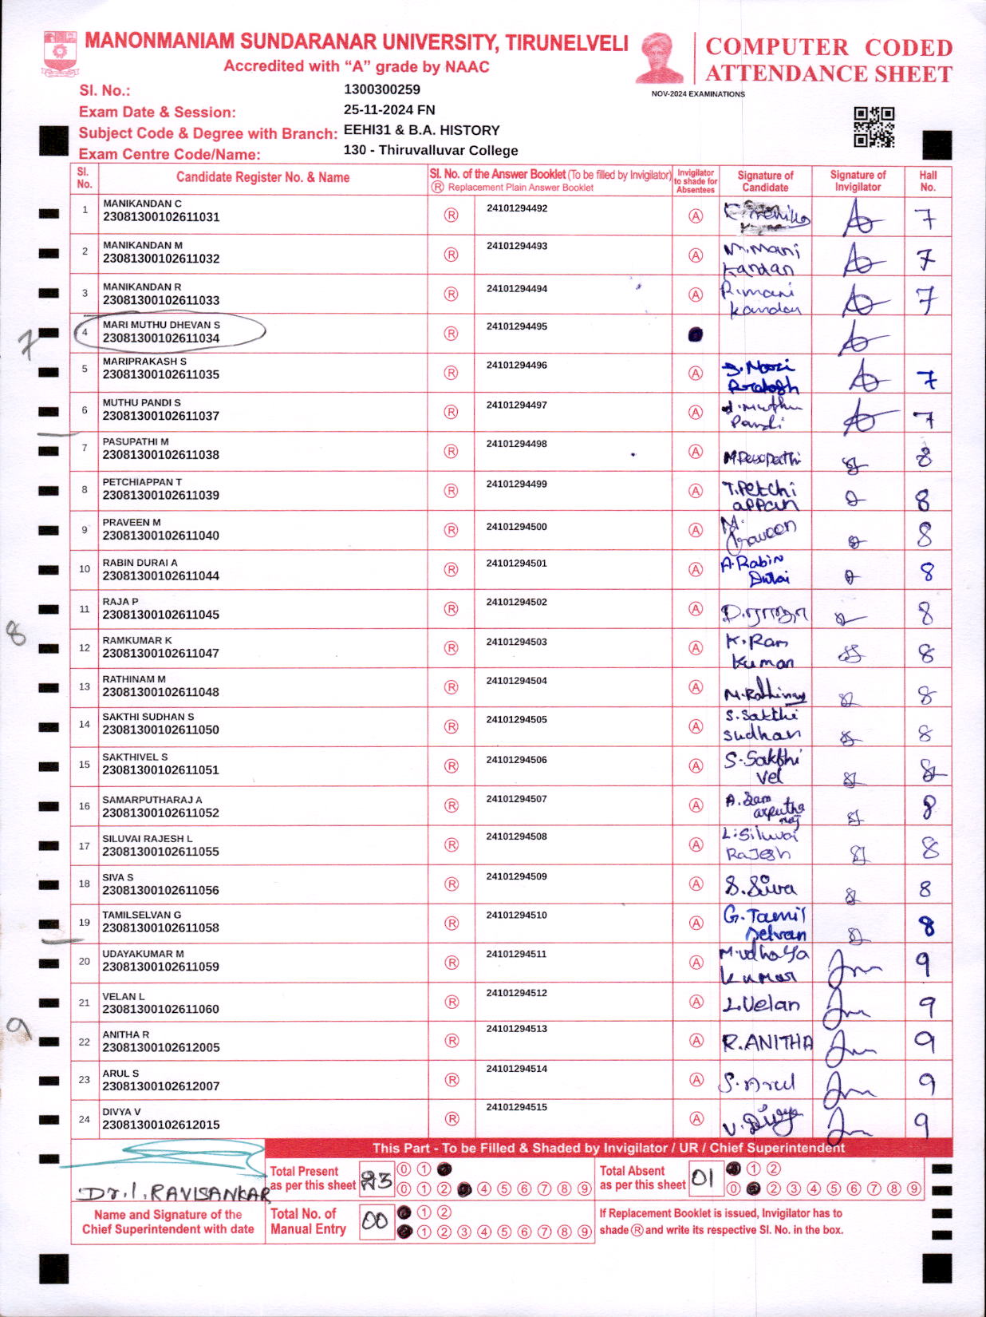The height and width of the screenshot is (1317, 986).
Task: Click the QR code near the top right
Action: coord(874,127)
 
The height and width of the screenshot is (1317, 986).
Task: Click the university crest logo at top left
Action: coord(61,53)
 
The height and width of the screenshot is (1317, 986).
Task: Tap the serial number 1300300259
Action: coord(382,89)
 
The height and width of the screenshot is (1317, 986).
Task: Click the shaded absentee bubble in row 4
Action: coord(695,334)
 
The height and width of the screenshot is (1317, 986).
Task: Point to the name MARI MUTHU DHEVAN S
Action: coord(161,325)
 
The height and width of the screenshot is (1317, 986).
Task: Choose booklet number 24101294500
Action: coord(516,527)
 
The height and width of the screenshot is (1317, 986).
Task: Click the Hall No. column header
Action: coord(928,181)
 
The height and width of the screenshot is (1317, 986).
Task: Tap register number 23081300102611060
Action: coord(161,1009)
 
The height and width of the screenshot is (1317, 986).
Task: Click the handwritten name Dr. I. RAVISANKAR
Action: coord(174,1194)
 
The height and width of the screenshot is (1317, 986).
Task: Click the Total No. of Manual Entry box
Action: coord(376,1221)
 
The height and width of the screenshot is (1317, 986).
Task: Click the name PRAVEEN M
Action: coord(132,522)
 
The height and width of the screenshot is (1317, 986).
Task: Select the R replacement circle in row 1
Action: coord(451,215)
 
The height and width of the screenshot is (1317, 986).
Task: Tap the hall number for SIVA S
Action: coord(925,888)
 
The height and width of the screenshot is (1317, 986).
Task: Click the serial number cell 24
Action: coord(84,1119)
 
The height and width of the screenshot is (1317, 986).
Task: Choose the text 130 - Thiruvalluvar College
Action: coord(431,150)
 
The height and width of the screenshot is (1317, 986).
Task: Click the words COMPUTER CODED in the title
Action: coord(829,47)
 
